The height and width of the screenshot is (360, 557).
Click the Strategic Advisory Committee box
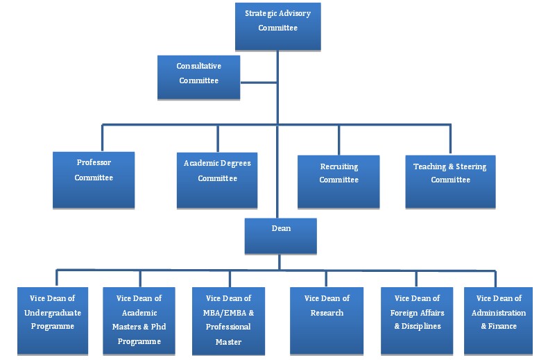coord(277,26)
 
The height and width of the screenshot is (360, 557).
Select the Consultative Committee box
coord(198,77)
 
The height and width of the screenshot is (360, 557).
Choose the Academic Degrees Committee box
coord(217,180)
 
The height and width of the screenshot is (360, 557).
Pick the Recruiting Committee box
coord(339,182)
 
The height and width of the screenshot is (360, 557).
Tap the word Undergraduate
coord(52,313)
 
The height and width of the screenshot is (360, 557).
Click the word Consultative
coord(198,66)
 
